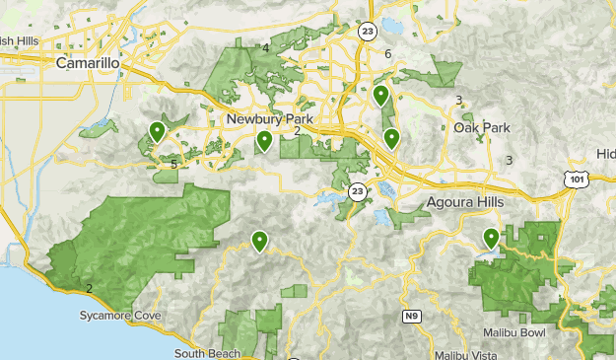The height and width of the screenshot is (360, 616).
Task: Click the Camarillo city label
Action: click(x=88, y=63)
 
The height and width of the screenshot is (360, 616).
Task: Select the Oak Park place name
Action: click(x=483, y=127)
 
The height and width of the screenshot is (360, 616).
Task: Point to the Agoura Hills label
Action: click(x=465, y=201)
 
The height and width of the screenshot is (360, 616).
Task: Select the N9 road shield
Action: click(x=412, y=317)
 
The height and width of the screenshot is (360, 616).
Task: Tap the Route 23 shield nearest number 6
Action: click(x=367, y=31)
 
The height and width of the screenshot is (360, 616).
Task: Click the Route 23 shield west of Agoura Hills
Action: click(x=357, y=190)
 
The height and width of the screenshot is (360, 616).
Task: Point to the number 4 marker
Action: click(x=266, y=48)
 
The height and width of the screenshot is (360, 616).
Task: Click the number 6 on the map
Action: click(x=388, y=53)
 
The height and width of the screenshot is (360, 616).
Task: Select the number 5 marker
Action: click(x=174, y=164)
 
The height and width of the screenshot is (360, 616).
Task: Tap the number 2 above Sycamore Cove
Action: click(x=89, y=288)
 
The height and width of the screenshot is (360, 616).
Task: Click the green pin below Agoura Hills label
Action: click(x=491, y=238)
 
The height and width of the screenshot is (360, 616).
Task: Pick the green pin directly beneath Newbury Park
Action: click(x=264, y=142)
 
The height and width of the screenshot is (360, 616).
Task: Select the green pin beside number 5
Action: click(x=156, y=131)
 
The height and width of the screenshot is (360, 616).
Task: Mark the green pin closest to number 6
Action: click(x=380, y=96)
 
